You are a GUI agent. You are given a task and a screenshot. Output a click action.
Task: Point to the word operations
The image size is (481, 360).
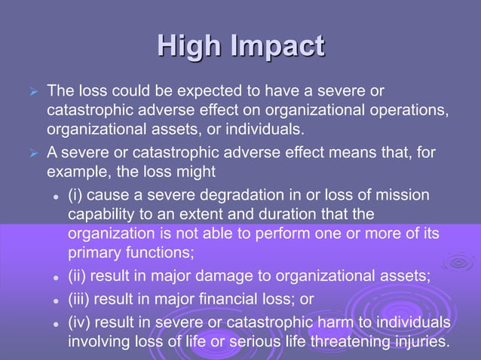coord(404,109)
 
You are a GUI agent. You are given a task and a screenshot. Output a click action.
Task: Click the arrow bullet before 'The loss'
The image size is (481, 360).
coord(31,93)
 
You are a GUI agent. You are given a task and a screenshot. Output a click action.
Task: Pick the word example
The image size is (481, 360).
coord(76,170)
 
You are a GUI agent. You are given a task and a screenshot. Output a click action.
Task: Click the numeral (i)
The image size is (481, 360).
coord(75,197)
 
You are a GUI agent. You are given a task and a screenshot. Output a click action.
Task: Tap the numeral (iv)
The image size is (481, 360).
coord(79,324)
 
